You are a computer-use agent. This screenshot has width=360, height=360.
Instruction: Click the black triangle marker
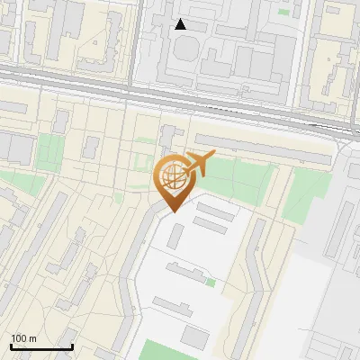[181, 24]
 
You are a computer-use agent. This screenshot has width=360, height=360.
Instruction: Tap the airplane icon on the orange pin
[199, 165]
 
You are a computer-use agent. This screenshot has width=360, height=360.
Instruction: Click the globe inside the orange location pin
[171, 176]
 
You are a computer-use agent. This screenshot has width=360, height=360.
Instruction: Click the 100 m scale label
[23, 338]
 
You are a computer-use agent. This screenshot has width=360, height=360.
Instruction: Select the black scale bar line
[41, 346]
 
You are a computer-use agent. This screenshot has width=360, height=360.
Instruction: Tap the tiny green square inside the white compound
[211, 283]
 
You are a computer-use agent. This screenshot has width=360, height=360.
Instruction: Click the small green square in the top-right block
[284, 12]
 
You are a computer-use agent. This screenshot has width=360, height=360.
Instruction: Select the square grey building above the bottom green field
[193, 336]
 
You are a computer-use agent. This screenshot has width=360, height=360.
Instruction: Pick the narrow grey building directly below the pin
[176, 236]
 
